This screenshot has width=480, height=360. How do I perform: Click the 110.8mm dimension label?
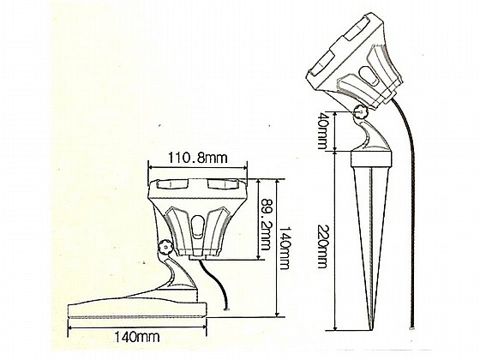197,159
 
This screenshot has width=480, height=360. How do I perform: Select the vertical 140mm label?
285,248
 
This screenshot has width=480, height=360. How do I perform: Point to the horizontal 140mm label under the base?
137,337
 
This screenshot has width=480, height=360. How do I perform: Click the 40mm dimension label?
321,130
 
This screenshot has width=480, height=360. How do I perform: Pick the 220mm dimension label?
322,246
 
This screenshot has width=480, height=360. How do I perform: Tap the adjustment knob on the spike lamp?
361,112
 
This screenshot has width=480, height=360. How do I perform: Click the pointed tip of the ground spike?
372,330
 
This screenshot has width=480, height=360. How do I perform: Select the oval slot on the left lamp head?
198,226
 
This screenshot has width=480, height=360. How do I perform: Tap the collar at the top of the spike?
371,159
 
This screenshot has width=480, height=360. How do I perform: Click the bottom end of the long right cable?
411,327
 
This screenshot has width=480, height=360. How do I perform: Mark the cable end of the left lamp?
226,309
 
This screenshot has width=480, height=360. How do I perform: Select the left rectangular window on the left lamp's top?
172,184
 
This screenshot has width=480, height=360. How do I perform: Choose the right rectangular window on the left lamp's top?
223,184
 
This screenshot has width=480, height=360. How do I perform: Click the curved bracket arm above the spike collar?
372,135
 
